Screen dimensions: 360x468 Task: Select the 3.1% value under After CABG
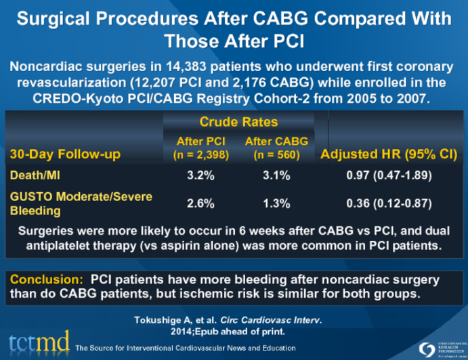coord(277,175)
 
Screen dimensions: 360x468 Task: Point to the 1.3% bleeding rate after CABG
coord(277,203)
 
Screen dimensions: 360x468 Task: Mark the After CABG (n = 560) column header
coord(276,147)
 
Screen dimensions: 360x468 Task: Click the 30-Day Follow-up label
coord(64,154)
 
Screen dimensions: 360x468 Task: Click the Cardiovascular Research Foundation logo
coord(433,345)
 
